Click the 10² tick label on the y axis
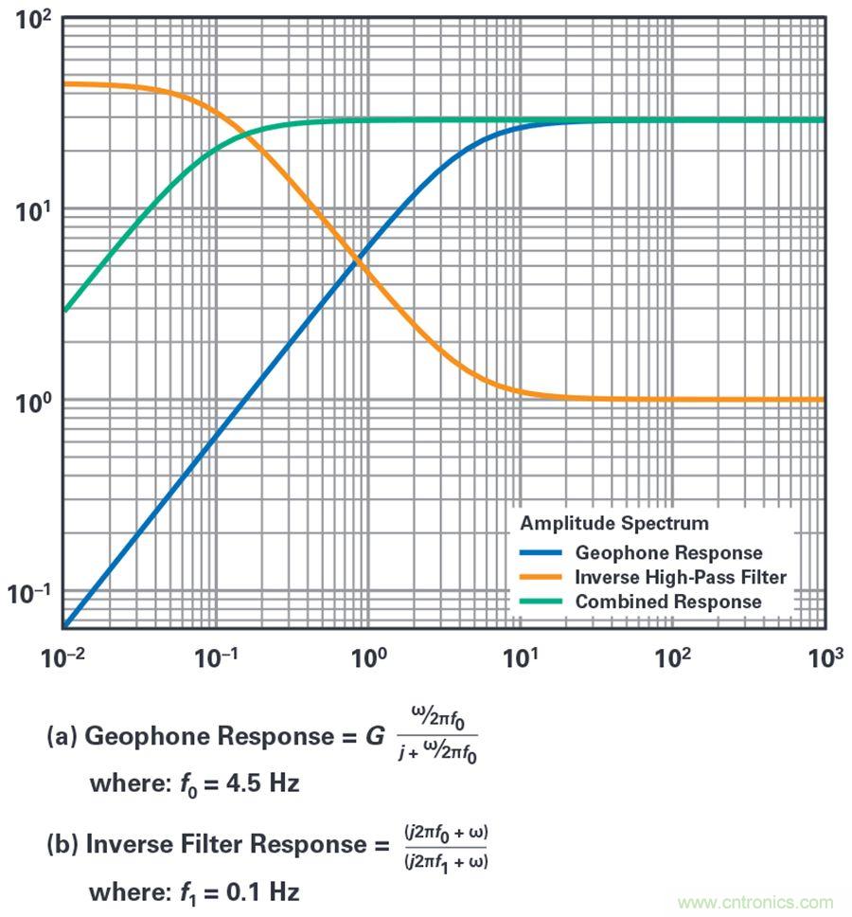31,20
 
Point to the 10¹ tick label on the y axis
31,210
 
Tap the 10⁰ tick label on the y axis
31,402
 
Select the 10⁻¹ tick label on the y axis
28,593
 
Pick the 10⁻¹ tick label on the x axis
216,656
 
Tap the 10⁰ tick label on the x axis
369,656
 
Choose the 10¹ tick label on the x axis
522,656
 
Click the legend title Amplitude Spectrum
614,523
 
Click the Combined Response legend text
667,602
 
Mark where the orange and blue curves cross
361,259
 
